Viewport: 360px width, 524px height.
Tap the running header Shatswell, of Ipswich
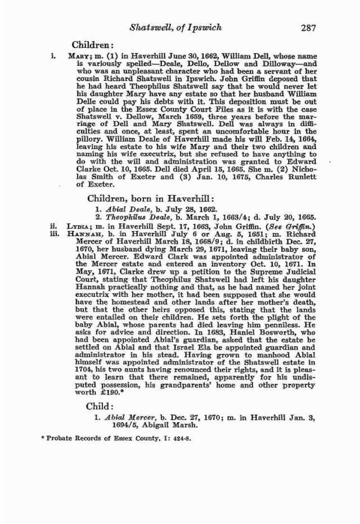pos(175,27)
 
